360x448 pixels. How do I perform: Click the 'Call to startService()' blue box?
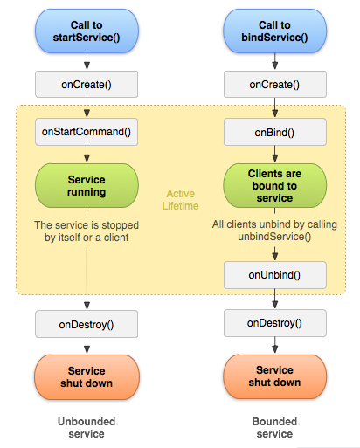tap(87, 31)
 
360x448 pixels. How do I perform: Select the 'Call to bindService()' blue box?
tap(274, 31)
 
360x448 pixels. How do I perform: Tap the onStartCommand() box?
tap(87, 132)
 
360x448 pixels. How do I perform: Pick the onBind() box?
tap(275, 132)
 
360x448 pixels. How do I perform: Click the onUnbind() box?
tap(275, 275)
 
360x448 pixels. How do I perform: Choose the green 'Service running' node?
tap(87, 186)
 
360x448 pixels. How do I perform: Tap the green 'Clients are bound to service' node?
tap(274, 186)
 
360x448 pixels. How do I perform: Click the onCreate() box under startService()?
tap(87, 85)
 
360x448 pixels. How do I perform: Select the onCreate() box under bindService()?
tap(275, 85)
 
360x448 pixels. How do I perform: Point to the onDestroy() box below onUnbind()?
tap(275, 323)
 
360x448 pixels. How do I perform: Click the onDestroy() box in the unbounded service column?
tap(87, 324)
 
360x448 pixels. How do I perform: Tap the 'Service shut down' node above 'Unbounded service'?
tap(87, 377)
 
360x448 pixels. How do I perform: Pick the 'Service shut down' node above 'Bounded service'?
tap(274, 376)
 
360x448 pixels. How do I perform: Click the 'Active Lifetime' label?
tap(181, 200)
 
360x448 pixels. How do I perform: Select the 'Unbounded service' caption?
tap(87, 428)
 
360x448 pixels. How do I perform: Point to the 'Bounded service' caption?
tap(274, 428)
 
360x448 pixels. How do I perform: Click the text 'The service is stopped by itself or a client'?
tap(87, 231)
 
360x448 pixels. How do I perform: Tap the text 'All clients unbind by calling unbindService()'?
tap(274, 231)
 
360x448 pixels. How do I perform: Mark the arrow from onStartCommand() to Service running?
tap(87, 154)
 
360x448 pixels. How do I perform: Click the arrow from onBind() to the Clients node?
tap(275, 154)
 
